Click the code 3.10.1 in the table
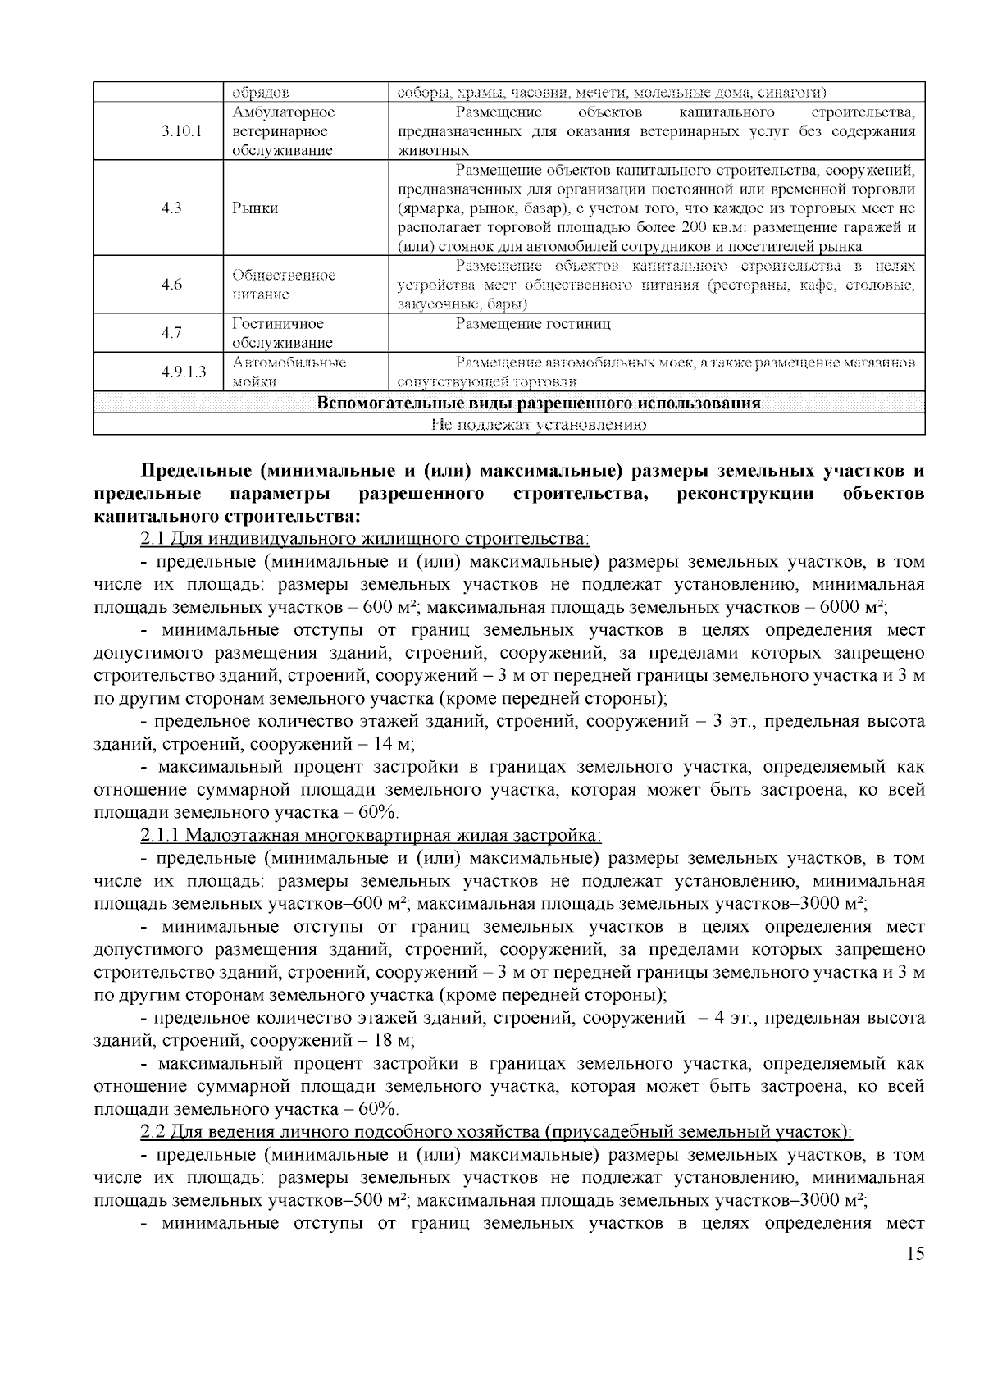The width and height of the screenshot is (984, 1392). [182, 131]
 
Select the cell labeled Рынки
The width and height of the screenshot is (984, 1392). [255, 208]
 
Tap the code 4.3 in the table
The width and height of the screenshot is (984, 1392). [171, 208]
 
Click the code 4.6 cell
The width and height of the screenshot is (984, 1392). [171, 285]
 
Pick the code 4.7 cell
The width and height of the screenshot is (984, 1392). [171, 333]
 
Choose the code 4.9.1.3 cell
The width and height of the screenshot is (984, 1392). [184, 372]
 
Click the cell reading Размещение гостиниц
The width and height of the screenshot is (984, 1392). [533, 324]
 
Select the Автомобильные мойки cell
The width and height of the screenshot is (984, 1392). [289, 372]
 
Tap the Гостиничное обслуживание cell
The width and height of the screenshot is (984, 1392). [282, 333]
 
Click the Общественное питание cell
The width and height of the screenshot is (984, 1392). [284, 285]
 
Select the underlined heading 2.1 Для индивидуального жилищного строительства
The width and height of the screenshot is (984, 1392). [365, 539]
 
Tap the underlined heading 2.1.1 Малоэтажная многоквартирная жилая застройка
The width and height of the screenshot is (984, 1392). [371, 835]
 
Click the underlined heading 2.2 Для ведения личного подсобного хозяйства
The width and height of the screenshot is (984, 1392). [497, 1132]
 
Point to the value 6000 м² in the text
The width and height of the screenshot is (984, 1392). [852, 608]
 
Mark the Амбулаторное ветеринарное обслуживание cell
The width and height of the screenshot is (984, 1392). [284, 131]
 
